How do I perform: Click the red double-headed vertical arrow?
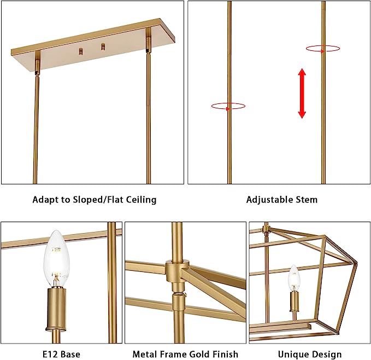tap(302, 94)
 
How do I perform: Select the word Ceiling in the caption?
tap(141, 200)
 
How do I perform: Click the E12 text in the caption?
tap(50, 355)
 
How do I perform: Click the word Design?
tap(326, 355)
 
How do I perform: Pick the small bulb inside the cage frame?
tap(294, 277)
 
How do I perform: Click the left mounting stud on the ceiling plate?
tap(81, 51)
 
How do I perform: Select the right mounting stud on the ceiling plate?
tap(103, 47)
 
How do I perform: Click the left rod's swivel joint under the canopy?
tap(37, 67)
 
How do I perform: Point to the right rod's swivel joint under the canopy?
tap(148, 44)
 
